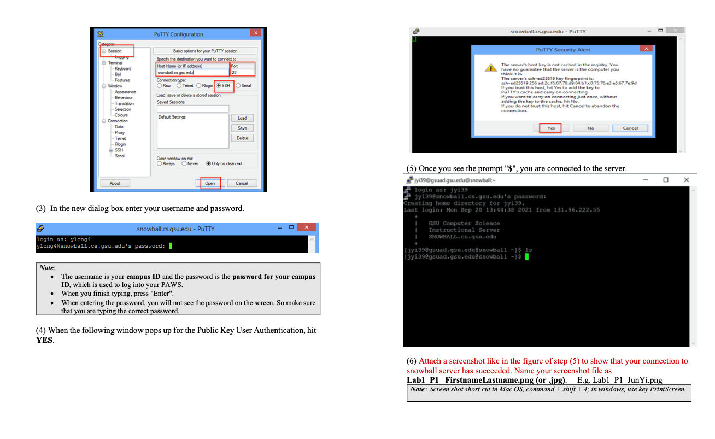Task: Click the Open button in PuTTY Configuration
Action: pyautogui.click(x=210, y=183)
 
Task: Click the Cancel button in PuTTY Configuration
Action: pyautogui.click(x=242, y=183)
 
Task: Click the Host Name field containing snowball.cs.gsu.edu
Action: pyautogui.click(x=192, y=72)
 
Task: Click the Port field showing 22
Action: pyautogui.click(x=242, y=72)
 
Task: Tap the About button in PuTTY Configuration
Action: pyautogui.click(x=115, y=183)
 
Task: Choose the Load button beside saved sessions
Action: pyautogui.click(x=242, y=118)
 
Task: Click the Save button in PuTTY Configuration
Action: pyautogui.click(x=242, y=128)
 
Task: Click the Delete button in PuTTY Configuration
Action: pyautogui.click(x=242, y=138)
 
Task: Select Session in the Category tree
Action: pyautogui.click(x=115, y=51)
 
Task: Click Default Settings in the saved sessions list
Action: pyautogui.click(x=172, y=117)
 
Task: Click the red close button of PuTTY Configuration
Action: pyautogui.click(x=255, y=33)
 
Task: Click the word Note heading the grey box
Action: pyautogui.click(x=46, y=268)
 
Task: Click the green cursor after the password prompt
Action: pyautogui.click(x=171, y=246)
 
